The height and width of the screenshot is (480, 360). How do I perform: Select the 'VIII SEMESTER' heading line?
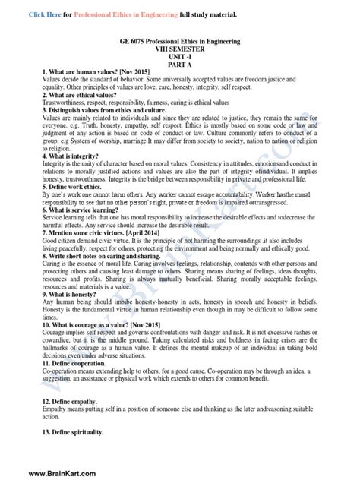click(180, 47)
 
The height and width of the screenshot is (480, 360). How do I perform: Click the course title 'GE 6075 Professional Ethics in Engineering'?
click(180, 39)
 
